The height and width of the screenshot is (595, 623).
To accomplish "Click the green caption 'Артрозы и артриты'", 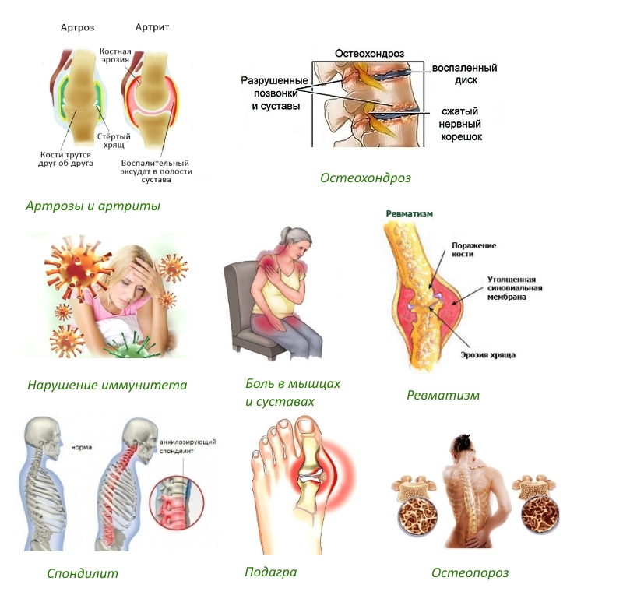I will coord(93,206).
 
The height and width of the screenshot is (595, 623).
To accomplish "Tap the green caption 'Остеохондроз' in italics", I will coord(365,178).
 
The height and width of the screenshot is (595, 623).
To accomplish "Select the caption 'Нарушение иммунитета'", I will coord(107,384).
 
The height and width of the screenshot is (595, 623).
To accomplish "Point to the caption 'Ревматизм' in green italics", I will coord(443,395).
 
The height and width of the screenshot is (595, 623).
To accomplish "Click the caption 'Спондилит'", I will coord(83,573).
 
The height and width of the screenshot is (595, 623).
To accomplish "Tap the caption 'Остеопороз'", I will coord(470,572).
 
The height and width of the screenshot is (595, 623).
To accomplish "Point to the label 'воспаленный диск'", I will coord(466,73).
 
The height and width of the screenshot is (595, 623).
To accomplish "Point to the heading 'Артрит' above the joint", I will coord(152,27).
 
